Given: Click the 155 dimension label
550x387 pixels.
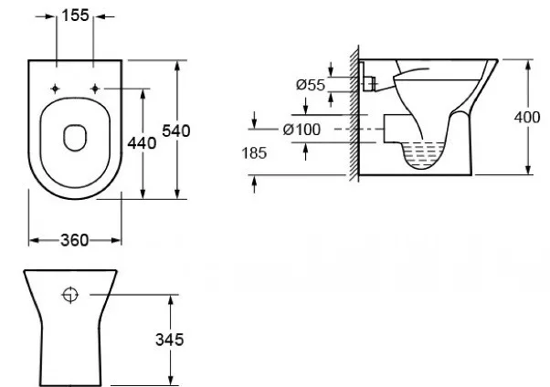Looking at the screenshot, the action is click(76, 16).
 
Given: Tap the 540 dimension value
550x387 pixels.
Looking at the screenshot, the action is click(176, 131).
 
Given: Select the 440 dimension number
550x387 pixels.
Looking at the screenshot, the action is click(142, 143).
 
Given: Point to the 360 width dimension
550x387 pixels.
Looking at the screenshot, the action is click(74, 240).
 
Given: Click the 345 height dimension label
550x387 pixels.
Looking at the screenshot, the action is click(169, 340).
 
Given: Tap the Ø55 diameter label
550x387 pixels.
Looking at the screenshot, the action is click(311, 85).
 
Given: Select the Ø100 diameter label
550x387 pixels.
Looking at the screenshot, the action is click(301, 130).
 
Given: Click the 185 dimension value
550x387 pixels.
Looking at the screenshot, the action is click(254, 152).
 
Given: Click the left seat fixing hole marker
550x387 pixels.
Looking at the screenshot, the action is click(55, 89).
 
